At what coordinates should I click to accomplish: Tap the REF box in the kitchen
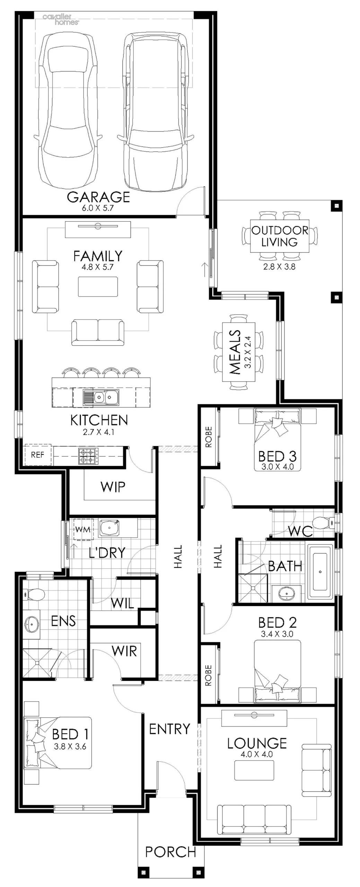37,455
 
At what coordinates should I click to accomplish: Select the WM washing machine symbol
82,529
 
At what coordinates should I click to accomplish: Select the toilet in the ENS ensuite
34,595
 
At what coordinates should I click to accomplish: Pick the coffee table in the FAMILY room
98,286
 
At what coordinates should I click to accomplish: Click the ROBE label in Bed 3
209,437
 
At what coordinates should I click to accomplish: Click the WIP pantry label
113,487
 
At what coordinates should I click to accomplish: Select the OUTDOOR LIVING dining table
279,236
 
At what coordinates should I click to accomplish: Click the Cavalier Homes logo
61,19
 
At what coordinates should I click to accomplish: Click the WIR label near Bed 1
124,651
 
